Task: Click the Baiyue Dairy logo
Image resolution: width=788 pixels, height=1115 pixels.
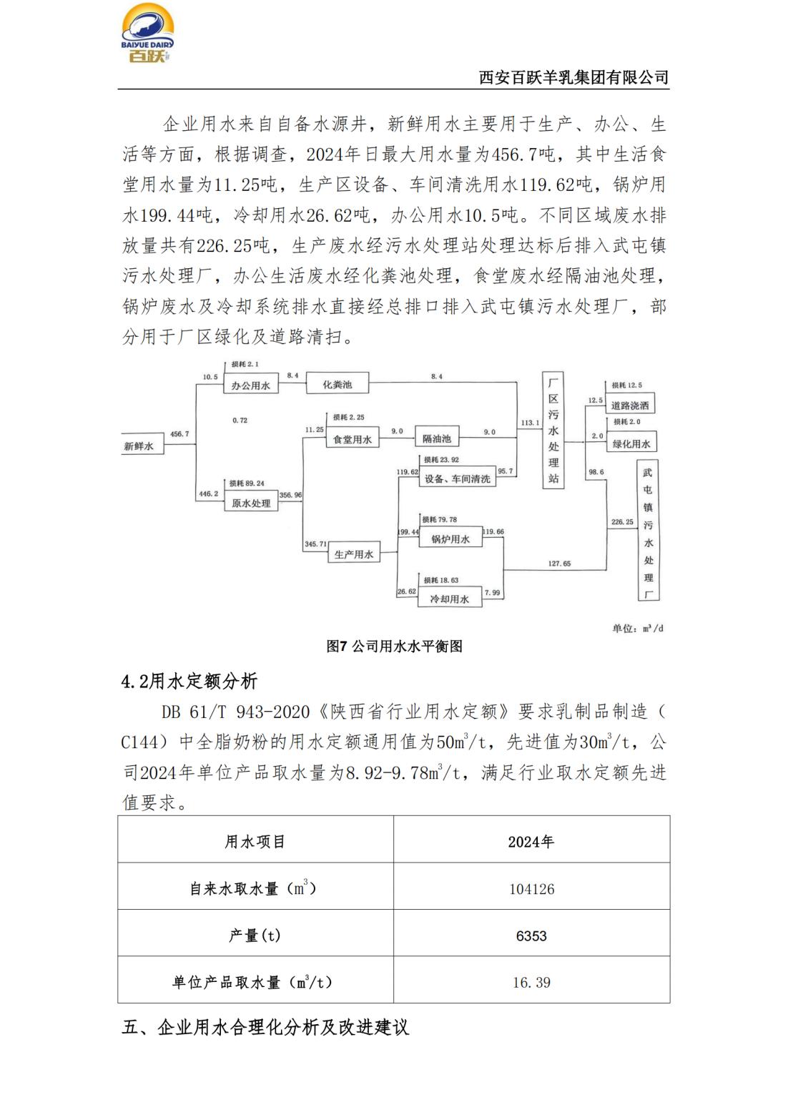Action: (x=147, y=34)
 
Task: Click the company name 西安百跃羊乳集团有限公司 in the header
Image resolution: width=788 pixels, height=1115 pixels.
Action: (x=573, y=77)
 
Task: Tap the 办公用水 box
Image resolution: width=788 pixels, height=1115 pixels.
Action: (x=250, y=385)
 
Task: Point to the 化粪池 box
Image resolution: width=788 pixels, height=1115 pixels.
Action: (x=337, y=384)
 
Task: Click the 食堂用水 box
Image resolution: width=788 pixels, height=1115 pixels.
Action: (x=352, y=439)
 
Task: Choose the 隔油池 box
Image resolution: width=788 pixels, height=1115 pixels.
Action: (x=436, y=438)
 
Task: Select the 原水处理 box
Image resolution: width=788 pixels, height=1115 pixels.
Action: (x=250, y=503)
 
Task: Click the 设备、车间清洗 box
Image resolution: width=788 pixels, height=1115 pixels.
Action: (x=458, y=478)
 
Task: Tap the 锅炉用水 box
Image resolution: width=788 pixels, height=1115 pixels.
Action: (x=450, y=539)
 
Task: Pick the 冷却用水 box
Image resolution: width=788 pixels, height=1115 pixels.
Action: (x=449, y=599)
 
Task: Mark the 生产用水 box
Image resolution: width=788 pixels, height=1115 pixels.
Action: (x=354, y=554)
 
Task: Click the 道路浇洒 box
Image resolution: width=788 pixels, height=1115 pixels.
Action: (x=629, y=405)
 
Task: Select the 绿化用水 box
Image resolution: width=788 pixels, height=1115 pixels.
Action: (x=631, y=443)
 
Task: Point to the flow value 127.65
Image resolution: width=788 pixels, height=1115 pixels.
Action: (x=559, y=564)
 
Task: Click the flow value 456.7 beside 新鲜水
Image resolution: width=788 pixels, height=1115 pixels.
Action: (x=179, y=434)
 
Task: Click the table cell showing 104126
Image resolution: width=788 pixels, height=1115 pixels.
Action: (x=531, y=889)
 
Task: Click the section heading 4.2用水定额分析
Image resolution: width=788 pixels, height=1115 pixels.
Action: (x=189, y=682)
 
